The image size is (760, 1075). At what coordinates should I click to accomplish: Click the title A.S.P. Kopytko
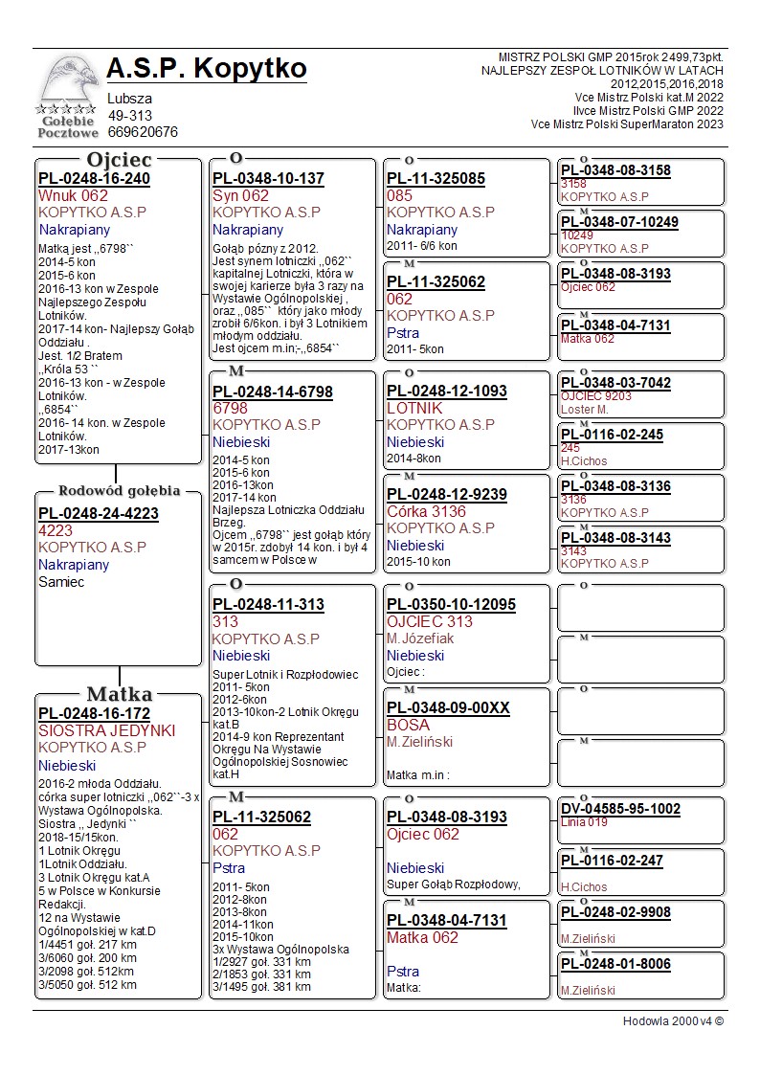point(207,69)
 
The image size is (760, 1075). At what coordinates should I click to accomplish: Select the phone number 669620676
point(143,132)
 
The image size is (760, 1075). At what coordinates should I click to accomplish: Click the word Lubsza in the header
point(129,99)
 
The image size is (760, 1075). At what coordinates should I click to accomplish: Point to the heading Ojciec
point(119,160)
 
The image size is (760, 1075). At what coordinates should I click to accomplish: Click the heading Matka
point(119,695)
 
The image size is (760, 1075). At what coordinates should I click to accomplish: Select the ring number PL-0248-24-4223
point(99,513)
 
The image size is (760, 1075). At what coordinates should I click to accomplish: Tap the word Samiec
point(61,582)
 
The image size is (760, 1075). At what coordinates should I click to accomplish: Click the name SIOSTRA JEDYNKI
point(107,730)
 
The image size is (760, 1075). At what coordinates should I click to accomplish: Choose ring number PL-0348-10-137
point(268,179)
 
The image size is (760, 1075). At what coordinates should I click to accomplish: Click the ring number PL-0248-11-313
point(268,605)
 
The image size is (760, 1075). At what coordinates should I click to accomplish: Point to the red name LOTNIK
point(414,408)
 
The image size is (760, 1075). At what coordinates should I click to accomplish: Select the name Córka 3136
point(426,511)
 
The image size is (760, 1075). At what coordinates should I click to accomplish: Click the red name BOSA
point(408,725)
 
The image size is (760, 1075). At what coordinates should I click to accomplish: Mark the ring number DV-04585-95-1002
point(620,809)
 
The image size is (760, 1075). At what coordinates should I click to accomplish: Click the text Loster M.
point(584,410)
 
